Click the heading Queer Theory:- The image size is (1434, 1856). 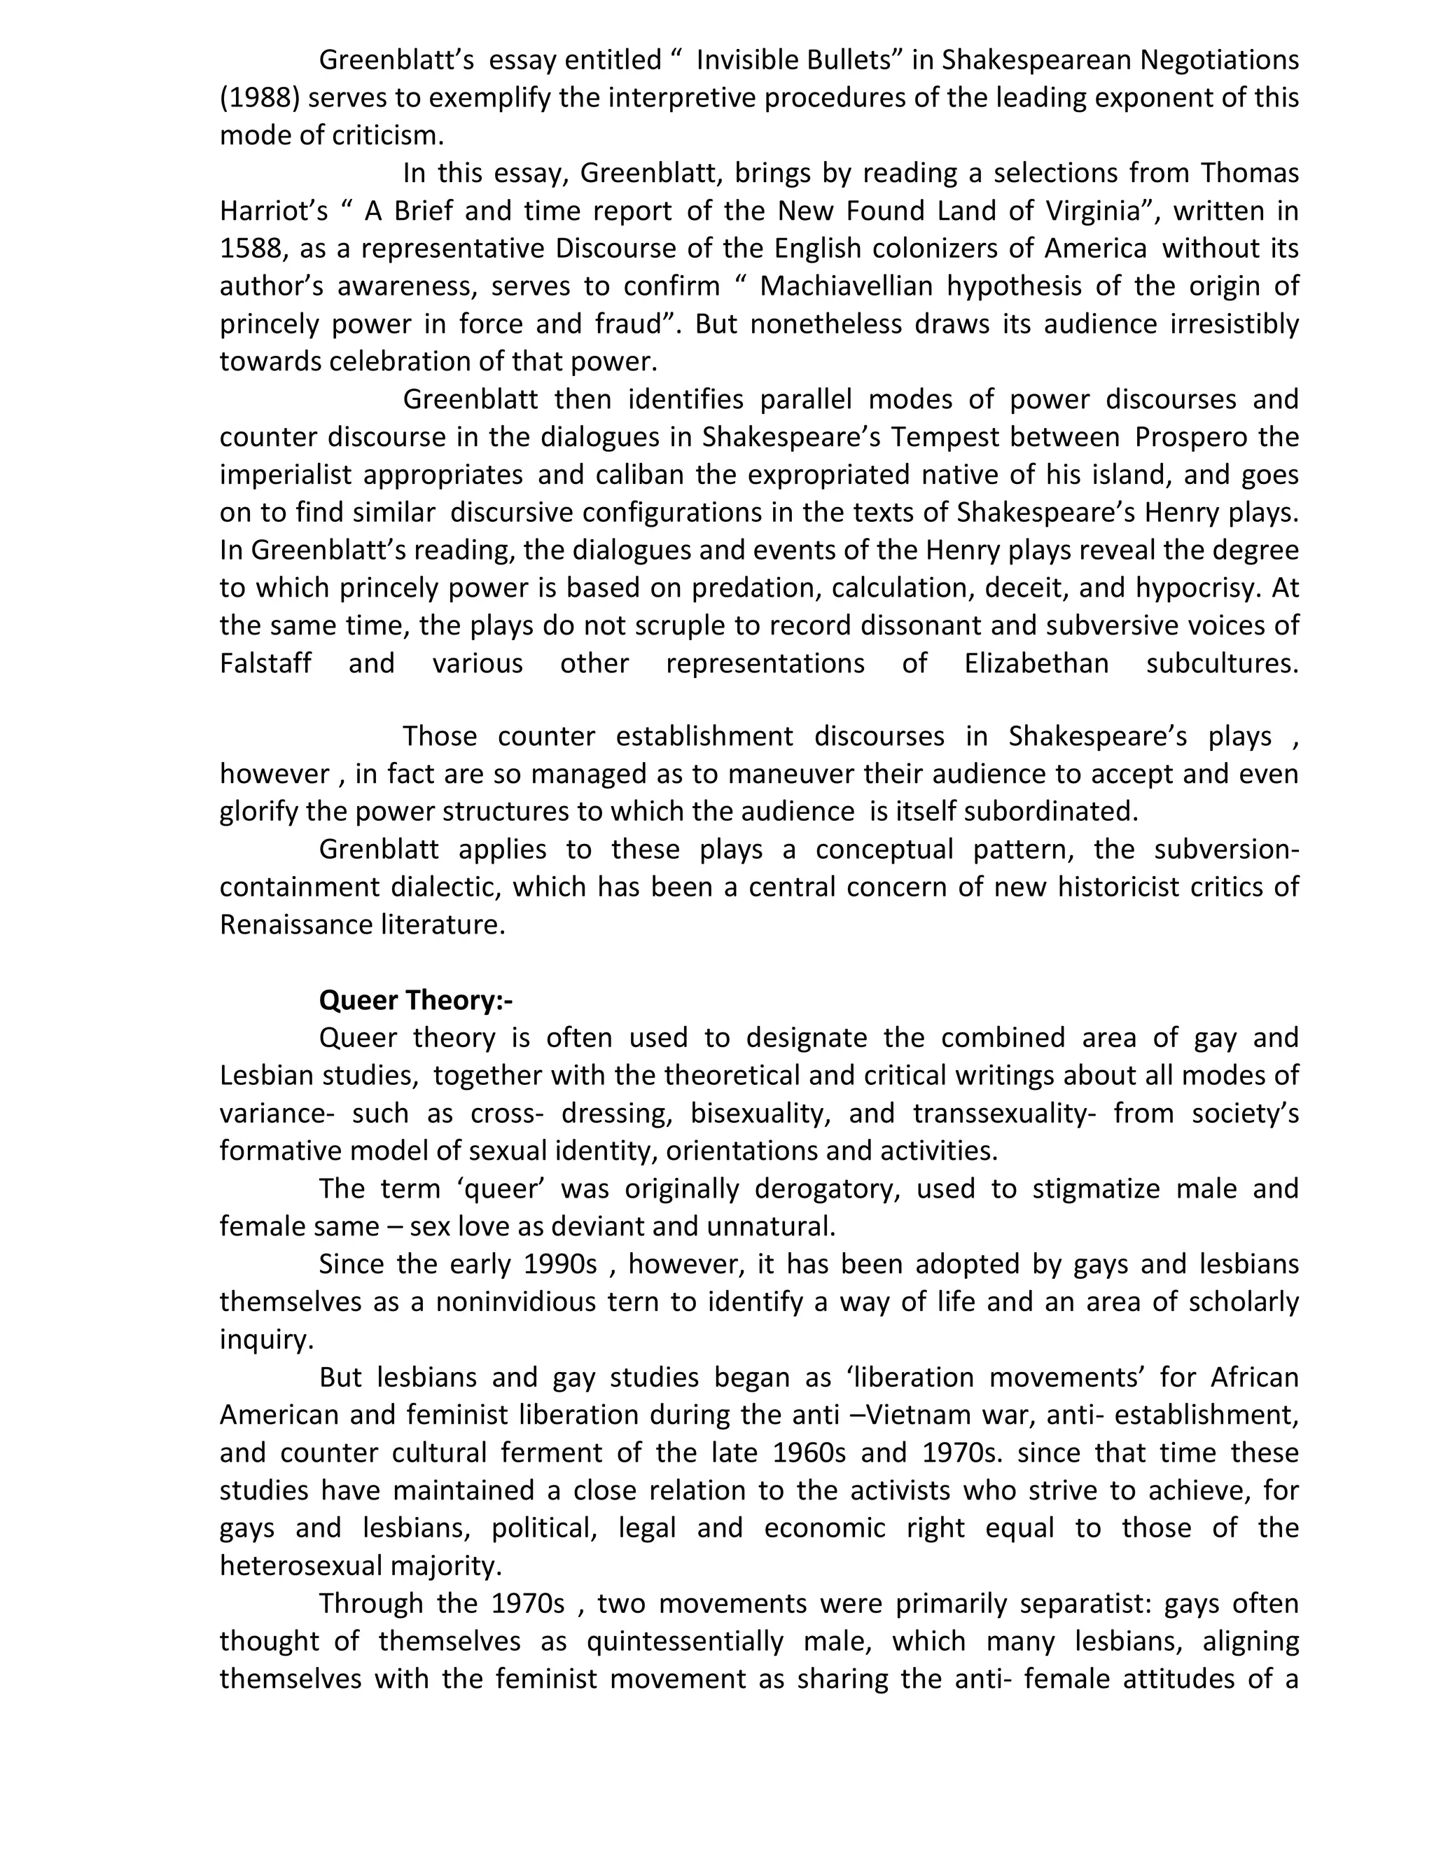coord(415,1000)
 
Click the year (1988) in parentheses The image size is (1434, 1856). coord(260,99)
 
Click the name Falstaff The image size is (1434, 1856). coord(266,663)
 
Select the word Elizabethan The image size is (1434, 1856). coord(1036,663)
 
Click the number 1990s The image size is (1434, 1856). coord(560,1263)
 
